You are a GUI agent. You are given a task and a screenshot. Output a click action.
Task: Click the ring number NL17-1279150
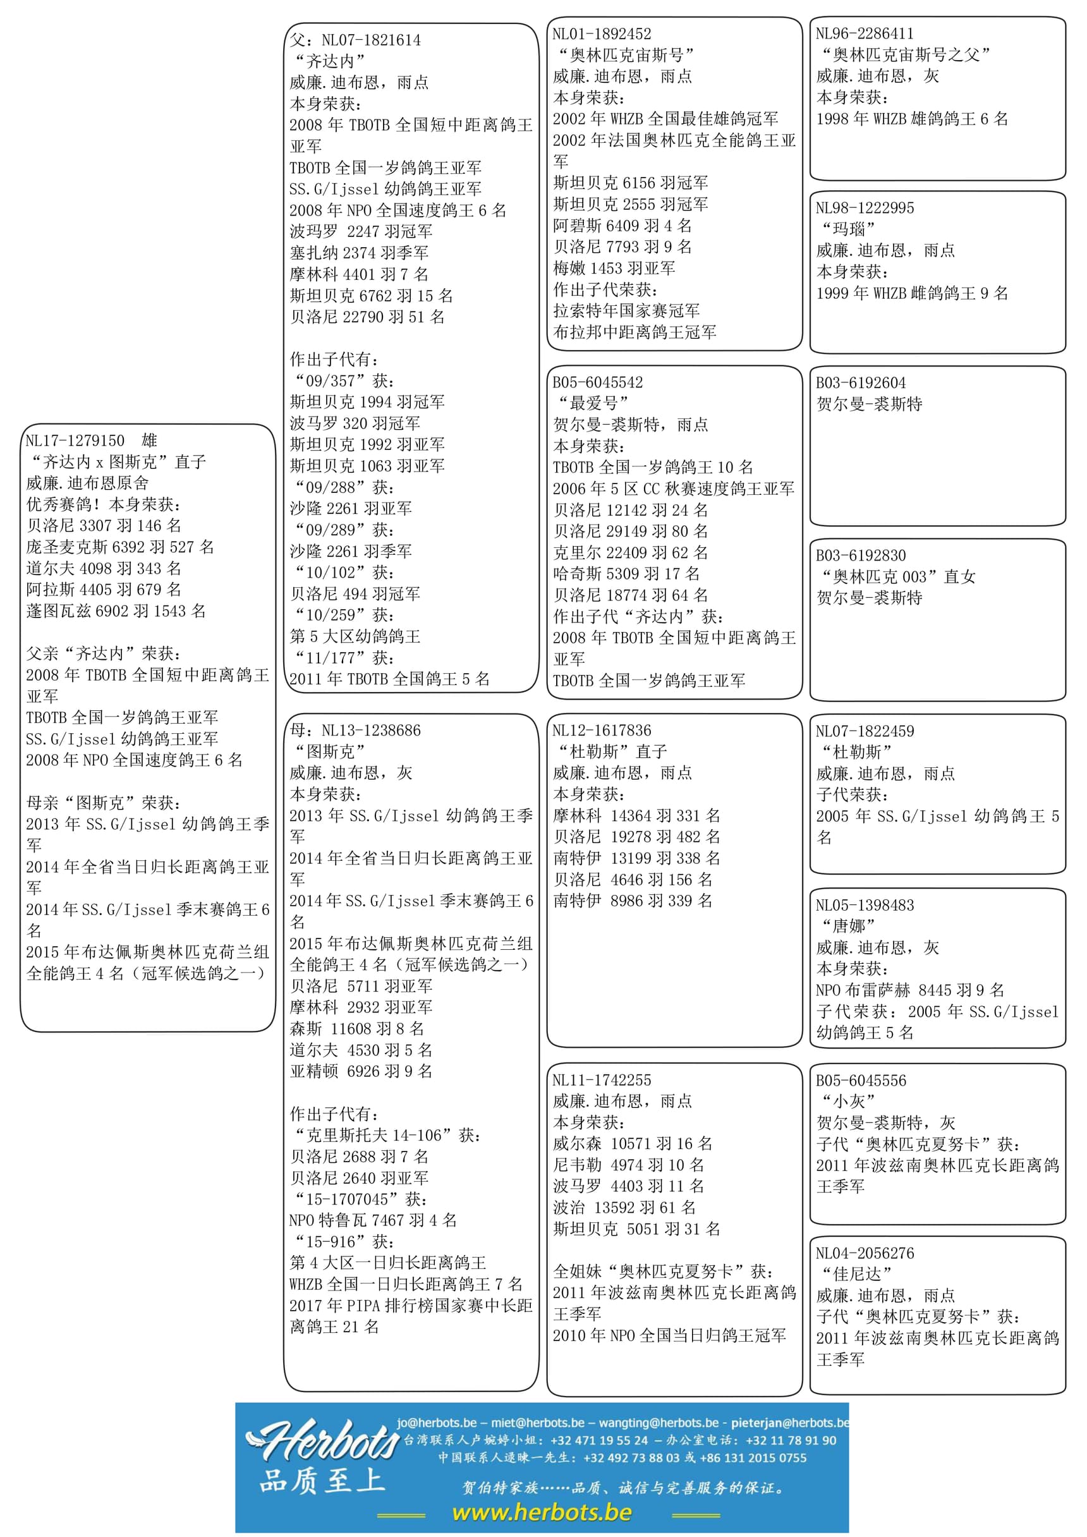click(x=75, y=440)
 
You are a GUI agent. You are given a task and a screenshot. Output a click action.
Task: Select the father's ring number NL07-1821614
click(x=371, y=40)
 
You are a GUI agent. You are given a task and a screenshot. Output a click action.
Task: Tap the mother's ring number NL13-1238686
click(x=371, y=731)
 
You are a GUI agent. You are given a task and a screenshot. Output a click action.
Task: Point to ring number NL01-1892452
click(x=601, y=33)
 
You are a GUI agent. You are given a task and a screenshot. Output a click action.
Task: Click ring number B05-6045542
click(x=597, y=382)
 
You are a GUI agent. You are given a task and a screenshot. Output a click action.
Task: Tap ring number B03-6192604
click(x=860, y=383)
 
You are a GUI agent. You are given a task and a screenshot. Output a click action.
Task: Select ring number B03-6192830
click(x=860, y=556)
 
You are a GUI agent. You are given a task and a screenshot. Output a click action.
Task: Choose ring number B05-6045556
click(x=860, y=1081)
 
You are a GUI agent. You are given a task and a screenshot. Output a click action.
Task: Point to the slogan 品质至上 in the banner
click(x=321, y=1481)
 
